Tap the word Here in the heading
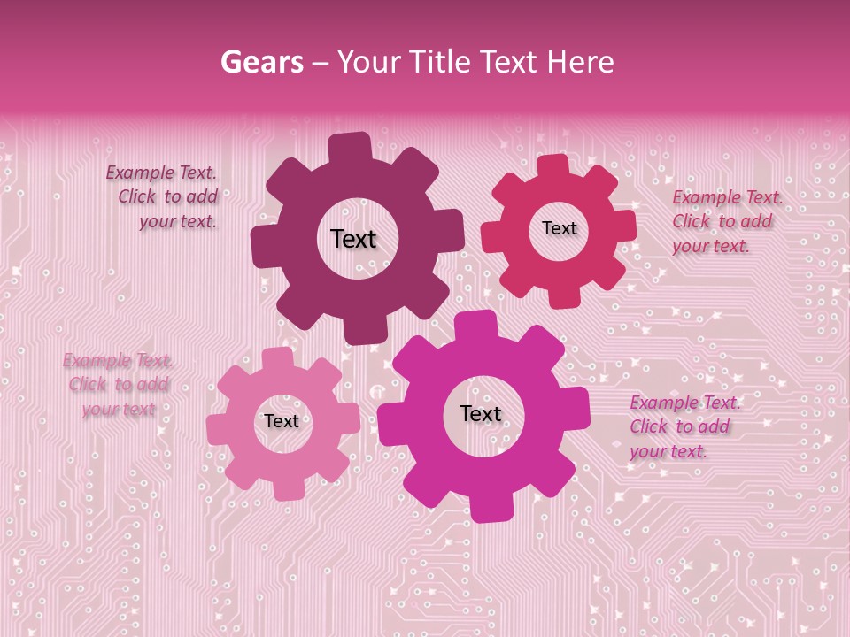coord(580,62)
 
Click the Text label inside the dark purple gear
coord(353,239)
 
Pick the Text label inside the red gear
coord(559,228)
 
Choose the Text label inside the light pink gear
coord(282,421)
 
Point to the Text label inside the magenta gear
coord(481,413)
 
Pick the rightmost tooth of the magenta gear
coord(579,407)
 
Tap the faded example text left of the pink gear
coord(118,385)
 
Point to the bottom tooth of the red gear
coord(563,299)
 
